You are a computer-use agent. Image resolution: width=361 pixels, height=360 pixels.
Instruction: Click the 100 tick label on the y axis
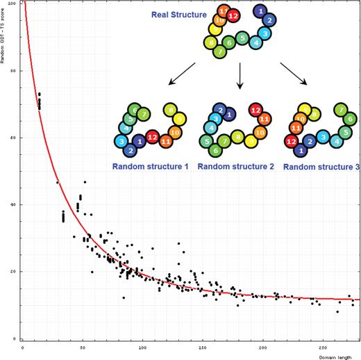pyautogui.click(x=14, y=3)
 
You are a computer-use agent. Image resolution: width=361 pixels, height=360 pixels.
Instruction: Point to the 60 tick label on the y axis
pyautogui.click(x=15, y=138)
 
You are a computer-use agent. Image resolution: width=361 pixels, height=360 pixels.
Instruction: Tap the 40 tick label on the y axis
pyautogui.click(x=15, y=204)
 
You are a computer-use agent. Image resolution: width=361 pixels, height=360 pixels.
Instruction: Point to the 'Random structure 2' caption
pyautogui.click(x=237, y=167)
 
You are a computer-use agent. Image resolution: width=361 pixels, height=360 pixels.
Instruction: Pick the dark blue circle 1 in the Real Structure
pyautogui.click(x=260, y=11)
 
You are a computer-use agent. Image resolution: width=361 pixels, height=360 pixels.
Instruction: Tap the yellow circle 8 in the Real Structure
pyautogui.click(x=210, y=43)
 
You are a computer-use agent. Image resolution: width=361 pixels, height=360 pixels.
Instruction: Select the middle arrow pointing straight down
pyautogui.click(x=240, y=75)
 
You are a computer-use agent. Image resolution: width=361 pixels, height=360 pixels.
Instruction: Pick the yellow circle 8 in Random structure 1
pyautogui.click(x=169, y=111)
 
